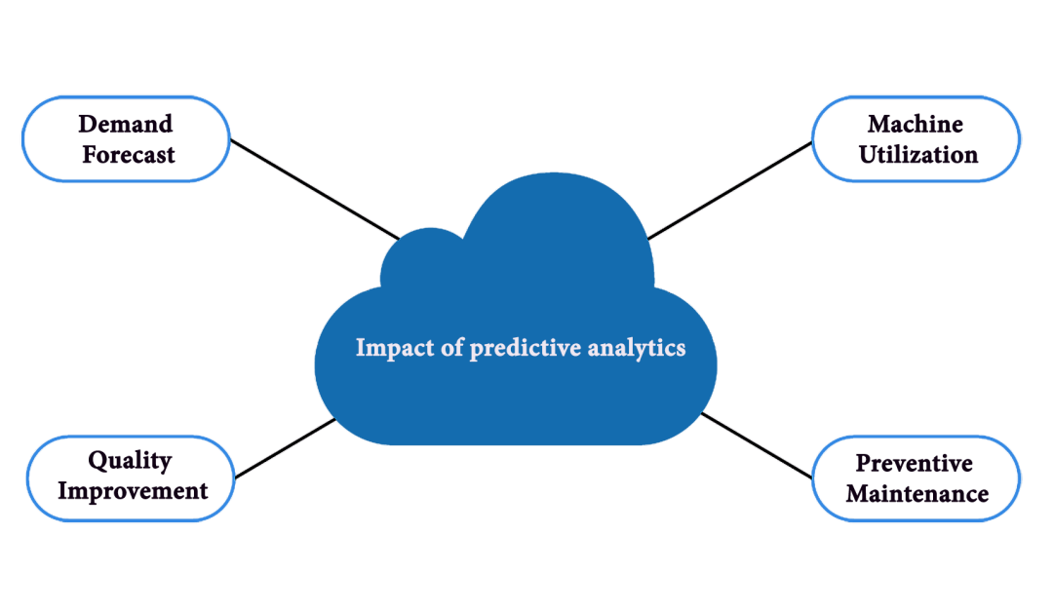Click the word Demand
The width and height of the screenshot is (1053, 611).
[126, 125]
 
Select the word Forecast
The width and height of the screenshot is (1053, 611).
[128, 154]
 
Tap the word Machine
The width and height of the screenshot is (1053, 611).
[916, 125]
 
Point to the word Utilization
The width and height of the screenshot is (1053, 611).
[917, 154]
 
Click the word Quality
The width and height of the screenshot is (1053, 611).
[130, 461]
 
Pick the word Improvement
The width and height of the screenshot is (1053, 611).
[133, 490]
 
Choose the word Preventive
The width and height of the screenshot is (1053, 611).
[914, 463]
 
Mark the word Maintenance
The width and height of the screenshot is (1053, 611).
[916, 493]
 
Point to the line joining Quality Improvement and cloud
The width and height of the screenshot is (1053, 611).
[286, 449]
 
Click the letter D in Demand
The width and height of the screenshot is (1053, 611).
[87, 125]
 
